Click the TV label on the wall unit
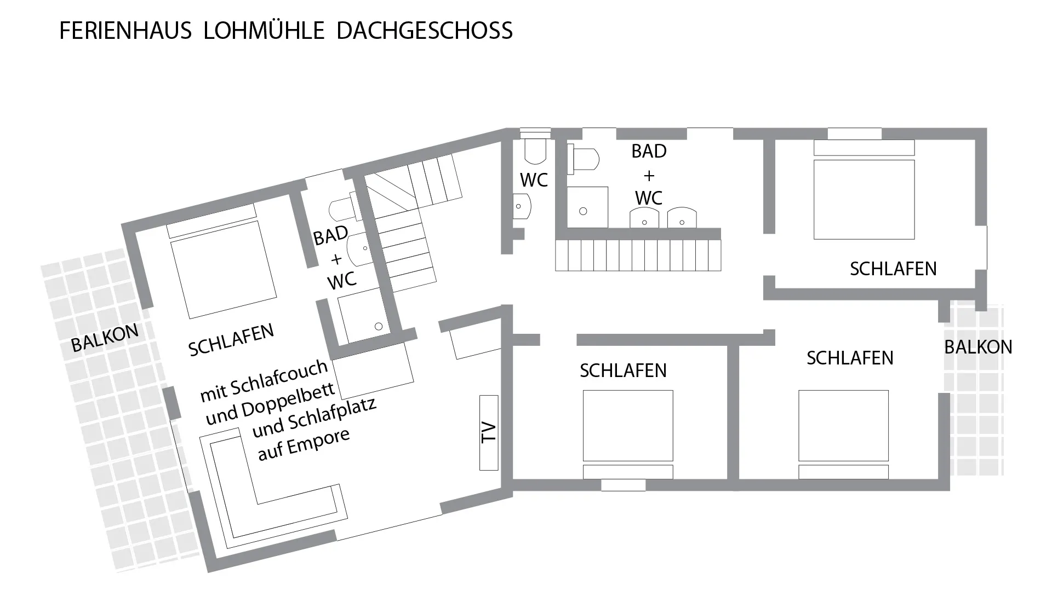pyautogui.click(x=488, y=432)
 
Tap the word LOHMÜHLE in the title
pyautogui.click(x=264, y=31)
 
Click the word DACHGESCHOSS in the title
pyautogui.click(x=425, y=31)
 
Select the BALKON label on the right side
pyautogui.click(x=978, y=347)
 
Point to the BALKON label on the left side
pyautogui.click(x=105, y=338)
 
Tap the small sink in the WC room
pyautogui.click(x=522, y=207)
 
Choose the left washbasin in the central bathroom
pyautogui.click(x=644, y=217)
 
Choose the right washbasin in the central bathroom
pyautogui.click(x=682, y=217)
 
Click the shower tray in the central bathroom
pyautogui.click(x=587, y=207)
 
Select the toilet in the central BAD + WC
pyautogui.click(x=583, y=159)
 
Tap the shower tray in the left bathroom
pyautogui.click(x=364, y=316)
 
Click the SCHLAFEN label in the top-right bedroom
pyautogui.click(x=893, y=269)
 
